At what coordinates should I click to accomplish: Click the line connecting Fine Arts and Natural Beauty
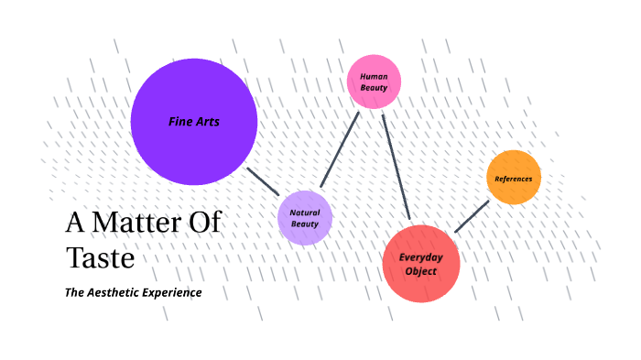[x=263, y=180]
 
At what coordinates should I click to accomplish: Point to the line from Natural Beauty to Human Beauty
[x=339, y=149]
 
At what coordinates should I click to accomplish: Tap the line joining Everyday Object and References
[x=471, y=215]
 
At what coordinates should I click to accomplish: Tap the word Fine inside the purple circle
[x=180, y=121]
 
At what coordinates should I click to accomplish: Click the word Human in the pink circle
[x=374, y=76]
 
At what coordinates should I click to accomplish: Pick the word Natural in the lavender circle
[x=305, y=213]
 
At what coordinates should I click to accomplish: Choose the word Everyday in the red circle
[x=421, y=257]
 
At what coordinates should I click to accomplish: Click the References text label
[x=514, y=178]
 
